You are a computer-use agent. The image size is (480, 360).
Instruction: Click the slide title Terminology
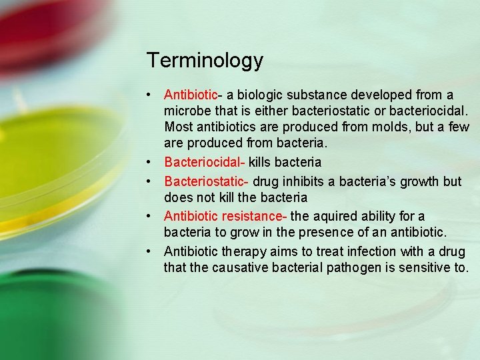205,61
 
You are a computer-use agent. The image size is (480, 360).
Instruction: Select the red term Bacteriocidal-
205,162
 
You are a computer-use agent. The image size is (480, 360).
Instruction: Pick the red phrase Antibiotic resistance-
225,216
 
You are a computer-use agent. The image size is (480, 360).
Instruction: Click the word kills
262,162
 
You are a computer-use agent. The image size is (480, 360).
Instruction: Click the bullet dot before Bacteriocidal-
153,162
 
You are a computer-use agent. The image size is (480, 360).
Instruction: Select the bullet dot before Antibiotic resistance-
153,216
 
